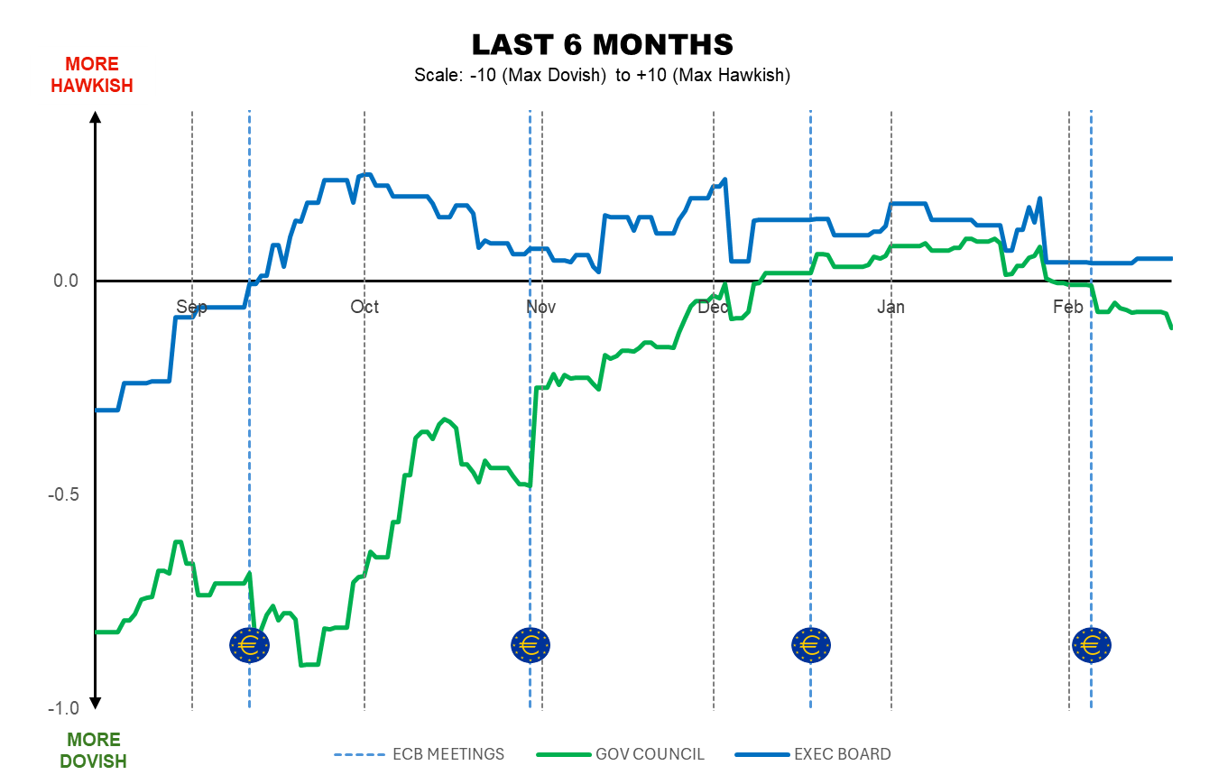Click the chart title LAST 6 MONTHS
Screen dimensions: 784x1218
coord(602,44)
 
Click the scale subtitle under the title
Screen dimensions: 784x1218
coord(602,76)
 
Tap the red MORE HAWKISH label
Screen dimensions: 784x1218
coord(92,75)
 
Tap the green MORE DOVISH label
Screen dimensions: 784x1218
coord(93,751)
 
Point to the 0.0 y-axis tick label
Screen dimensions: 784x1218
coord(67,281)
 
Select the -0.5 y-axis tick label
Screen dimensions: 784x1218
coord(64,494)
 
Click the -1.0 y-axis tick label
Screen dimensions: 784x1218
coord(64,708)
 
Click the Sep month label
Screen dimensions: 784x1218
coord(191,308)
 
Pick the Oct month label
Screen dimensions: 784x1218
coord(364,308)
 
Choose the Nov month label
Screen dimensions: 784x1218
coord(540,308)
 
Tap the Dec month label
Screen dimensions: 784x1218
coord(713,308)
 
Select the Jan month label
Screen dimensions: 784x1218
coord(890,308)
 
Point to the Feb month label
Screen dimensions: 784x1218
coord(1068,308)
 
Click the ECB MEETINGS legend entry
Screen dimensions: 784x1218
coord(420,754)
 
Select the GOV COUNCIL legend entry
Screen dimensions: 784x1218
coord(621,754)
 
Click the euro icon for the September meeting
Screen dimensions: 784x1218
coord(249,644)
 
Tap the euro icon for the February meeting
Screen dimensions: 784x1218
coord(1091,644)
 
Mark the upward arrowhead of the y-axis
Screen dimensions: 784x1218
coord(96,115)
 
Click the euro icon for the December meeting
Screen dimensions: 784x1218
coord(810,644)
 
